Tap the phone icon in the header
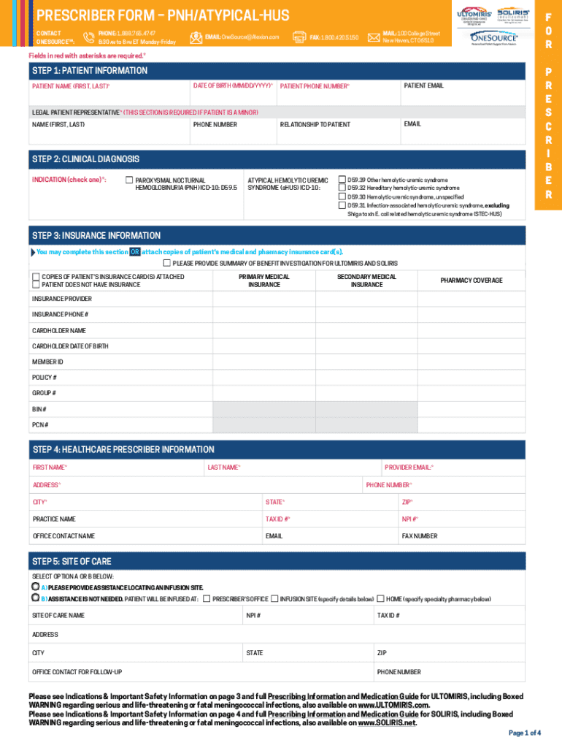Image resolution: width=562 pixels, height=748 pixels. [x=89, y=37]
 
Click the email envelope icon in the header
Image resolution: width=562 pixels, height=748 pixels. [x=196, y=37]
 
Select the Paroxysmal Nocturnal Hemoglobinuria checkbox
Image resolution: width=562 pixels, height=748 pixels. [x=129, y=180]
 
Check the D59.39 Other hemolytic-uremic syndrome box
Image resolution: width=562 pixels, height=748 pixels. [x=342, y=179]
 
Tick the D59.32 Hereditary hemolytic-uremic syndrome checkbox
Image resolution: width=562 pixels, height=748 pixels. [x=342, y=188]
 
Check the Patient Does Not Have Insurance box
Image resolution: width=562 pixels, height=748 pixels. [x=36, y=285]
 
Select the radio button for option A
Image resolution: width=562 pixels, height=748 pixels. [x=35, y=587]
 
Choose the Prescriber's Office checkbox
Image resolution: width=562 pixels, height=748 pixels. [x=207, y=599]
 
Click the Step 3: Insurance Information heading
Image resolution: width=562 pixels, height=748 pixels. [x=96, y=236]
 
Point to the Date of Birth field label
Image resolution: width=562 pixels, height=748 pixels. [x=233, y=85]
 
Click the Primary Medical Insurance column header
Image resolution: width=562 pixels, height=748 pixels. [x=264, y=280]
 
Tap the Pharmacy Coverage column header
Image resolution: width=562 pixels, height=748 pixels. [x=471, y=280]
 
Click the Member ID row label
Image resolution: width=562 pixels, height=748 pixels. [x=47, y=362]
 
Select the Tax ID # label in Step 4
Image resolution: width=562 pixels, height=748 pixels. [x=277, y=519]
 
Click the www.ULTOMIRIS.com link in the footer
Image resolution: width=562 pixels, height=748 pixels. [x=393, y=706]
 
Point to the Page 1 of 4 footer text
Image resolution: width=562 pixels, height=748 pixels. [x=524, y=733]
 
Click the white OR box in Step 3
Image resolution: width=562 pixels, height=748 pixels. [x=135, y=252]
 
